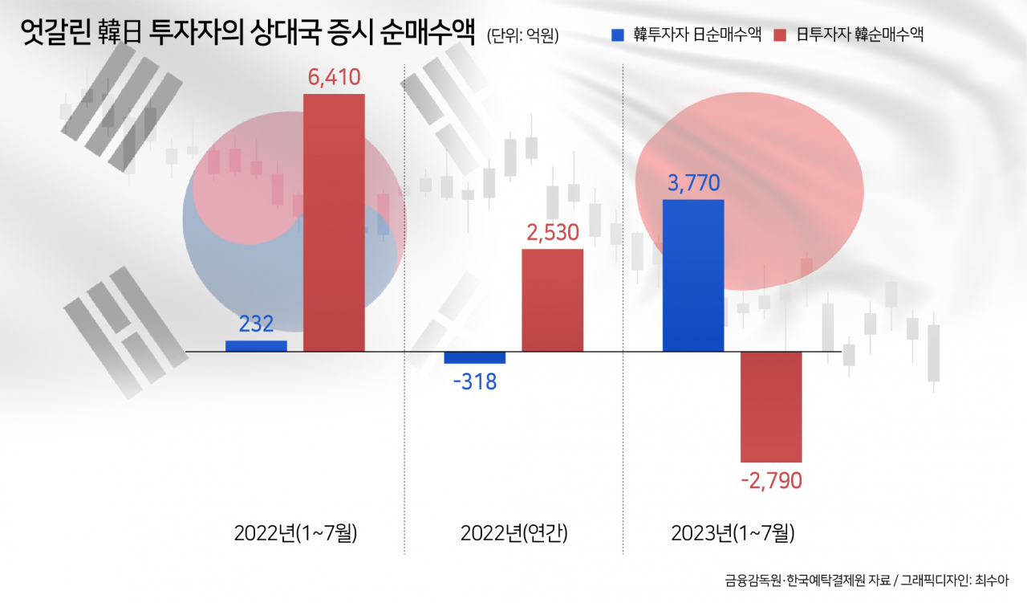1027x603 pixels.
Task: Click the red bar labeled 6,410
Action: [x=334, y=222]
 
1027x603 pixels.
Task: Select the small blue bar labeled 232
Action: [x=256, y=346]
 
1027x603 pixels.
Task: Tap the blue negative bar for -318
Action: [x=474, y=358]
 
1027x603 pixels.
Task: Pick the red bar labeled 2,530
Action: [x=553, y=300]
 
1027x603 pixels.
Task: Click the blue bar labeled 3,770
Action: [x=693, y=275]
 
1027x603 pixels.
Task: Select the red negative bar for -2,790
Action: [x=771, y=407]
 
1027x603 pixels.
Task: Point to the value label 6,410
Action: [x=334, y=77]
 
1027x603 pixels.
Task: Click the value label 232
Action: [x=256, y=324]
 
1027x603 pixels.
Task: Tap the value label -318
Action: [x=474, y=382]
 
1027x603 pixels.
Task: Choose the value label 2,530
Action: [x=553, y=233]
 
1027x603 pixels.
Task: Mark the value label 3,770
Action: [x=693, y=183]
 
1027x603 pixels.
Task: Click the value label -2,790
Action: [x=771, y=481]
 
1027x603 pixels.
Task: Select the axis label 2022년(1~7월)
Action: [x=295, y=533]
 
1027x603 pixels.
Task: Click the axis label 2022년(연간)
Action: [x=514, y=533]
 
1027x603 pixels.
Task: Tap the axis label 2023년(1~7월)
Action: [x=733, y=533]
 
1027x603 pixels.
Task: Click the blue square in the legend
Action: [x=618, y=35]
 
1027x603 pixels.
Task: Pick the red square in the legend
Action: [x=780, y=35]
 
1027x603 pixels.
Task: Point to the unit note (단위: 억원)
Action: [x=522, y=36]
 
